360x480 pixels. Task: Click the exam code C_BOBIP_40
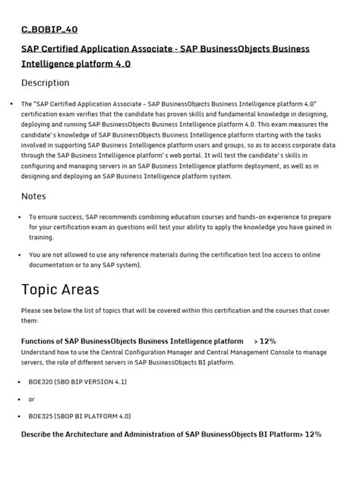tap(49, 30)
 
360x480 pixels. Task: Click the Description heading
tap(45, 83)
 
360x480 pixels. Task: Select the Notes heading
tap(33, 197)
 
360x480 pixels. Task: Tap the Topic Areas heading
tap(60, 289)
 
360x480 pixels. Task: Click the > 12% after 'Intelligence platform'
tap(265, 342)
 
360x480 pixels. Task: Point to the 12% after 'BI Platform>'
tap(313, 434)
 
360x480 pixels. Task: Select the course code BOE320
tap(41, 382)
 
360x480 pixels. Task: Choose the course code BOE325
tap(41, 416)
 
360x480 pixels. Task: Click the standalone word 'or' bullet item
tap(32, 399)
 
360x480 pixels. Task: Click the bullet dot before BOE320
tap(20, 382)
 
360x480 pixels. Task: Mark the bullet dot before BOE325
tap(20, 416)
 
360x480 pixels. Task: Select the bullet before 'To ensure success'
tap(20, 216)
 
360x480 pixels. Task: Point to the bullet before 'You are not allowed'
tap(20, 255)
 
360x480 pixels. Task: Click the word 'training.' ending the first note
tap(43, 237)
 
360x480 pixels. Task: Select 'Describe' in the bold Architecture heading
tap(39, 434)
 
